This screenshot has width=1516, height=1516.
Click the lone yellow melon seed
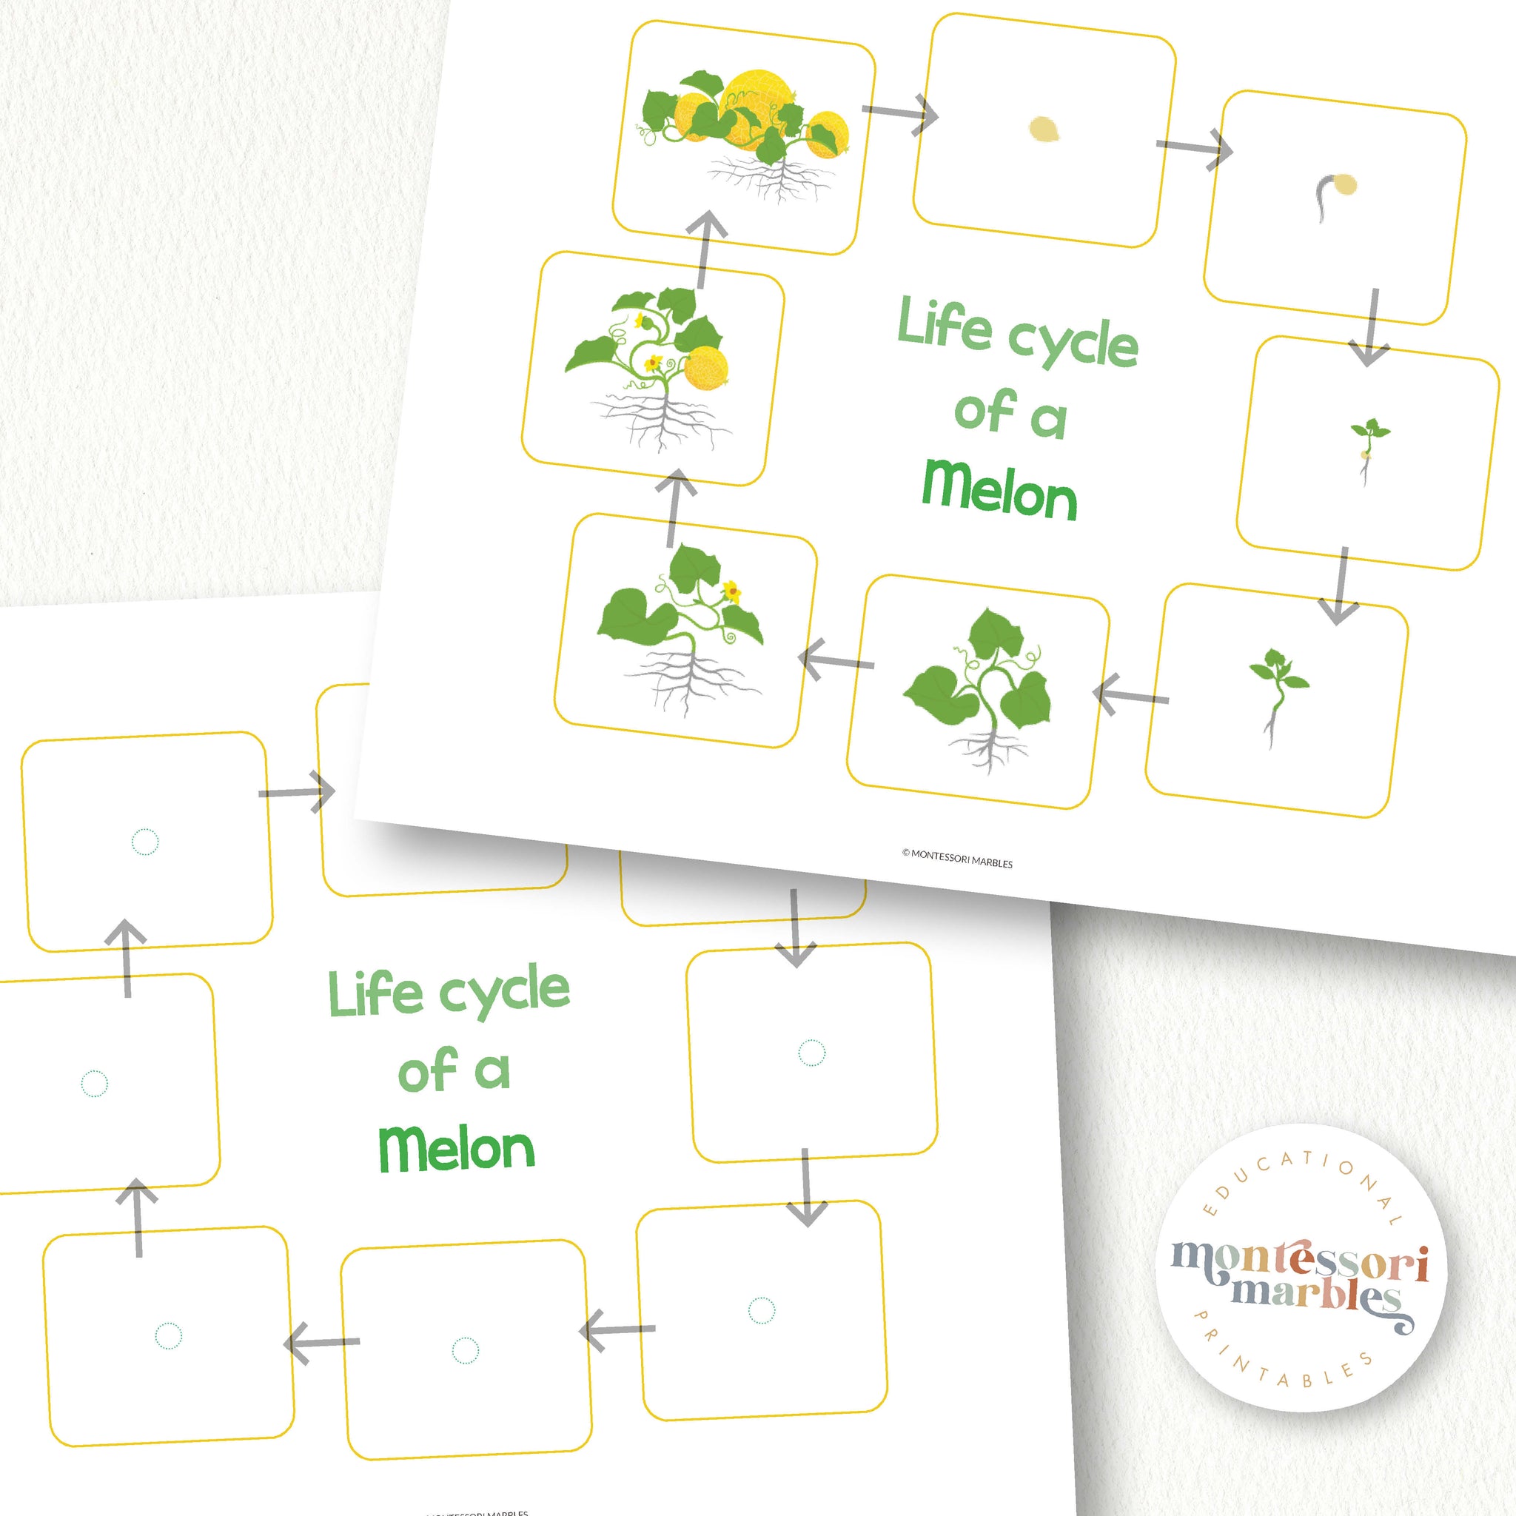pyautogui.click(x=1044, y=130)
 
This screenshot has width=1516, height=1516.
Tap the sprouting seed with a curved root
pyautogui.click(x=1333, y=196)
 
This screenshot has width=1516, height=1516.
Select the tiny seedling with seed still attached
pyautogui.click(x=1369, y=452)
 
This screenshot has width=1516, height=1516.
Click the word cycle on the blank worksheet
pyautogui.click(x=504, y=993)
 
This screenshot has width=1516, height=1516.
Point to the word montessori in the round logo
pyautogui.click(x=1299, y=1264)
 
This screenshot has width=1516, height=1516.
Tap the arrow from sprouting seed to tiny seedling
pyautogui.click(x=1371, y=326)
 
